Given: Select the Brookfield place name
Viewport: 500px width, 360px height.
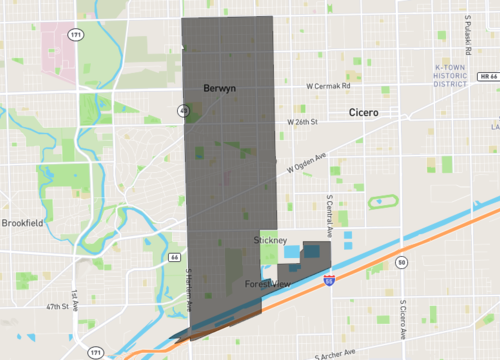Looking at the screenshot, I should (x=22, y=223).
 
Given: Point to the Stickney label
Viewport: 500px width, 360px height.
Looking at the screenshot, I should (x=271, y=241).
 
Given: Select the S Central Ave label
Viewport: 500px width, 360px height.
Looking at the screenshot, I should (x=328, y=213).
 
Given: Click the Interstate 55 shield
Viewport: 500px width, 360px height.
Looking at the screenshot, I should (x=328, y=283).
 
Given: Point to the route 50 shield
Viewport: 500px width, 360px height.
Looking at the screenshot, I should (x=401, y=262).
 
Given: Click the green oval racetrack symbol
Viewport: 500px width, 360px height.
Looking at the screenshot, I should (x=379, y=201).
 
